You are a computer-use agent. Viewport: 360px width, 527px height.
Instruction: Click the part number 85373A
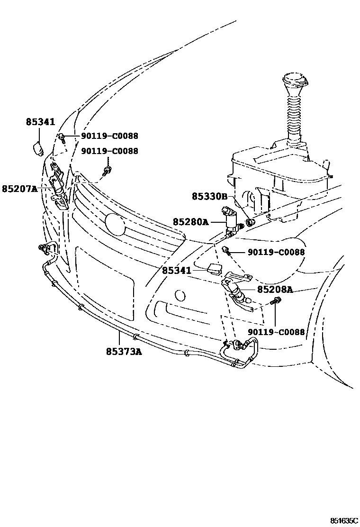[x=124, y=351]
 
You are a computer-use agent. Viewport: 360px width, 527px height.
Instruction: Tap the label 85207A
[x=19, y=189]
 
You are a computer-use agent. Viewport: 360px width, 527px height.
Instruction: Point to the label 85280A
[x=190, y=221]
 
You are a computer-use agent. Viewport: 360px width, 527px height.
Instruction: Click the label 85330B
[x=210, y=196]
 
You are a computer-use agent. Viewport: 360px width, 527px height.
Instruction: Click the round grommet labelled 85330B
[x=252, y=221]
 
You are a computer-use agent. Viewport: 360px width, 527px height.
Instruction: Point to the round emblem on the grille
[x=115, y=224]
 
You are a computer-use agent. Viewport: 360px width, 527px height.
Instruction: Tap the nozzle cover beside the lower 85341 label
[x=215, y=270]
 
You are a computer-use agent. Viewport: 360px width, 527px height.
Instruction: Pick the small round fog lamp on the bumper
[x=180, y=296]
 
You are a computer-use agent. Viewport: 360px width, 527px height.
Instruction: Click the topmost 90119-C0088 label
[x=109, y=136]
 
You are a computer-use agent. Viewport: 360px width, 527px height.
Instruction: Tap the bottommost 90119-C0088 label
[x=275, y=332]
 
